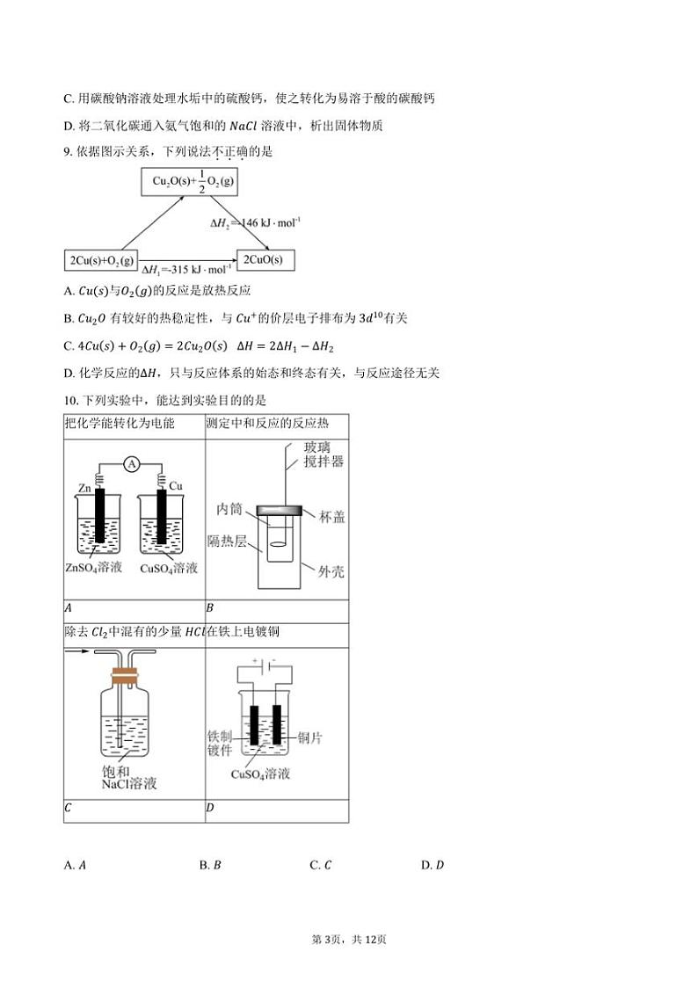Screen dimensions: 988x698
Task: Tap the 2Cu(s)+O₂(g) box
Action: pyautogui.click(x=101, y=260)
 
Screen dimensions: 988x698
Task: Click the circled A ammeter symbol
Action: pyautogui.click(x=132, y=463)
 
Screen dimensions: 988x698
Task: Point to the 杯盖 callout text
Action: pyautogui.click(x=332, y=517)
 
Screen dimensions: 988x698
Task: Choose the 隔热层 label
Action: pyautogui.click(x=226, y=540)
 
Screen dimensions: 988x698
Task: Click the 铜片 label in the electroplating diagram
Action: pyautogui.click(x=310, y=737)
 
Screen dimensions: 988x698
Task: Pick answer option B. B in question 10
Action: pyautogui.click(x=210, y=865)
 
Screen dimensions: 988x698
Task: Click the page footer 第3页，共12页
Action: pyautogui.click(x=349, y=940)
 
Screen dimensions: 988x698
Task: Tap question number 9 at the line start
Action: pyautogui.click(x=68, y=151)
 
